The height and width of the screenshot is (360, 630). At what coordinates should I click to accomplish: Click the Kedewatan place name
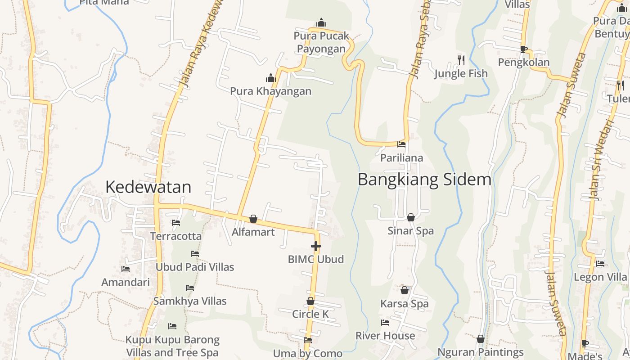pos(148,187)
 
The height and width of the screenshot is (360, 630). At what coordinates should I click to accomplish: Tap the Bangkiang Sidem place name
pos(424,180)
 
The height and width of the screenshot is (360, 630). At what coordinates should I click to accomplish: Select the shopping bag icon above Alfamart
pos(253,219)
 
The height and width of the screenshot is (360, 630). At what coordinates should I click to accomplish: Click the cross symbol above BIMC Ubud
pos(316,246)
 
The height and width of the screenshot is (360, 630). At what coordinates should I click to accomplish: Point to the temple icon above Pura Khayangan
pos(270,78)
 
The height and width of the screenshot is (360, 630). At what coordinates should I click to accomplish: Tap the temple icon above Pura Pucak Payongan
pos(321,22)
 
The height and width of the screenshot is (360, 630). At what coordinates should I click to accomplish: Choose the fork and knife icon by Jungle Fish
pos(461,60)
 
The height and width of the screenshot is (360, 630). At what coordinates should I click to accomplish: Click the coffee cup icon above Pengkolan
pos(523,49)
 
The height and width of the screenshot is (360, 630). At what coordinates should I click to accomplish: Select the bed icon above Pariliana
pos(401,144)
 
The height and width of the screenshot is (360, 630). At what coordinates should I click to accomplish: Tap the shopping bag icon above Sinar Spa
pos(411,217)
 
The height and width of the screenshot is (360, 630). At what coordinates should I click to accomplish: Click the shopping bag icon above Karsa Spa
pos(405,290)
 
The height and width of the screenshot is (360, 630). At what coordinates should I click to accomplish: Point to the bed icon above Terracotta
pos(176,223)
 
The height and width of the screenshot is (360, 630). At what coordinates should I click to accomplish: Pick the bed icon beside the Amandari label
pos(126,269)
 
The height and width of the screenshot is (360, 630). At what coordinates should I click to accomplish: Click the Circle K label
pos(310,314)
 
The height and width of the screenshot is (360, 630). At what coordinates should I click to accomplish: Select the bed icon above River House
pos(385,322)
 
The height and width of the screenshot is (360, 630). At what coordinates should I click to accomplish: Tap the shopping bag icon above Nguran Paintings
pos(481,339)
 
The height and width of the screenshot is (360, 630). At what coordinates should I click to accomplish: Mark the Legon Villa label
pos(600,277)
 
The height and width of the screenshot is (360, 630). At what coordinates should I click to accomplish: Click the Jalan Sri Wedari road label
pos(601,160)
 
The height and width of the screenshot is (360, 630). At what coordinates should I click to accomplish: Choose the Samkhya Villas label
pos(190,301)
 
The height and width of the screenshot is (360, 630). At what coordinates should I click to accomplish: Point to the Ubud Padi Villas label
pos(195,267)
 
